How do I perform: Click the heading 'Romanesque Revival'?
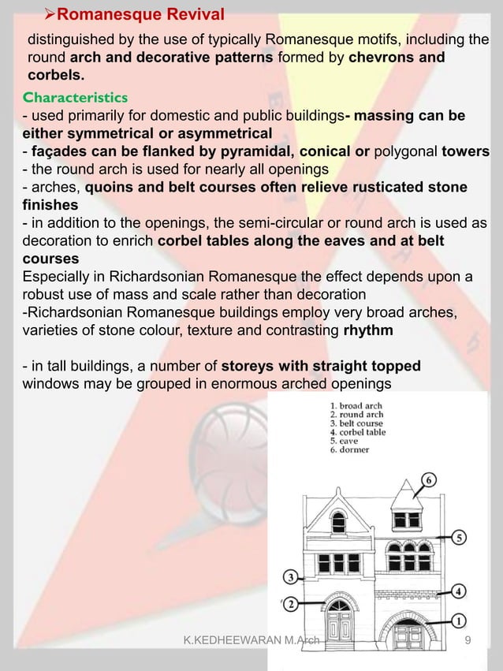click(x=142, y=13)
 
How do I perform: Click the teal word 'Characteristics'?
click(x=76, y=98)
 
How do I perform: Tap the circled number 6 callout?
click(x=429, y=479)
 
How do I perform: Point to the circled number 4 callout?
click(x=460, y=591)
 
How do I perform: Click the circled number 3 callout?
click(x=291, y=577)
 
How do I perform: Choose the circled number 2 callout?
click(x=291, y=605)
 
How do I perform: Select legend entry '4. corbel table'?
click(x=359, y=432)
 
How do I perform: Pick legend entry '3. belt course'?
click(x=356, y=423)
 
